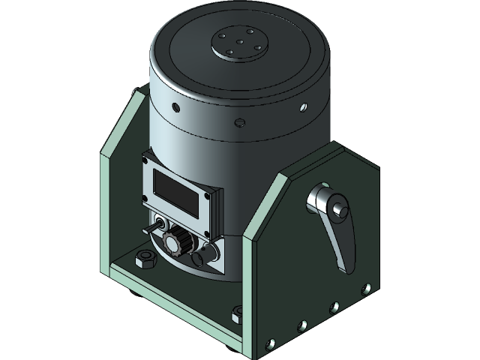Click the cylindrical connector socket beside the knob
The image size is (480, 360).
(199, 257)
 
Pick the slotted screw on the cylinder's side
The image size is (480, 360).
(240, 122)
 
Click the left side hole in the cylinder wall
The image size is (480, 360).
(171, 106)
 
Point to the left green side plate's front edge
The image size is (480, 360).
(106, 210)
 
